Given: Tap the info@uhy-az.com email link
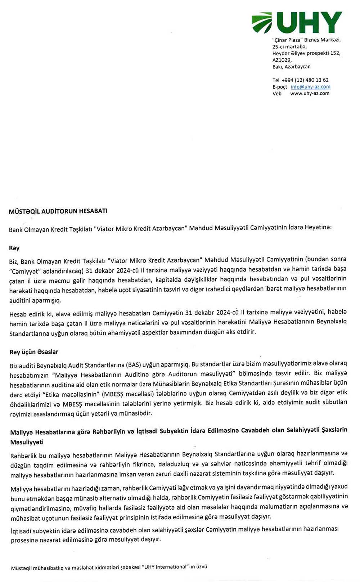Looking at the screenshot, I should pyautogui.click(x=310, y=87).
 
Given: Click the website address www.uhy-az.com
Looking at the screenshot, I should pyautogui.click(x=310, y=94).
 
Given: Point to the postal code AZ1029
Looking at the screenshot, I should pyautogui.click(x=282, y=60).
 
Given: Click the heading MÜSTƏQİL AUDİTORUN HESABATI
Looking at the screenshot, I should pyautogui.click(x=58, y=211).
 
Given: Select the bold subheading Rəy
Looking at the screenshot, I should pyautogui.click(x=14, y=248).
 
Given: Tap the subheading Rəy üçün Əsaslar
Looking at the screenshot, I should pyautogui.click(x=34, y=352).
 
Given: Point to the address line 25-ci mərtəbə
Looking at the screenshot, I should pyautogui.click(x=289, y=46).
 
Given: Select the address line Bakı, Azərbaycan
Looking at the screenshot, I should pyautogui.click(x=291, y=67).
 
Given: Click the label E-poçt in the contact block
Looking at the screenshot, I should pyautogui.click(x=280, y=87).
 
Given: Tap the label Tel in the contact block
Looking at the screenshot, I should pyautogui.click(x=276, y=80).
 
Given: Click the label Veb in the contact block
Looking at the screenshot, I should pyautogui.click(x=277, y=94).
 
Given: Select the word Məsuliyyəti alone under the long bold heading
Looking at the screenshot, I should pyautogui.click(x=27, y=442).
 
